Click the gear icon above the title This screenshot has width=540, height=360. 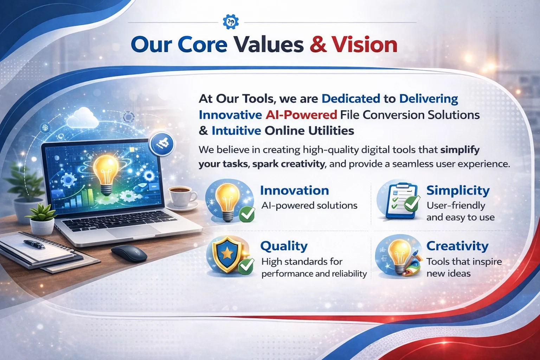click(231, 22)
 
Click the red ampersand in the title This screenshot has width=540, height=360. click(318, 45)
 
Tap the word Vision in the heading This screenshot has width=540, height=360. click(365, 45)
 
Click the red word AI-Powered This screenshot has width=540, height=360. click(301, 115)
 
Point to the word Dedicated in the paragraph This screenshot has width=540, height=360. click(351, 99)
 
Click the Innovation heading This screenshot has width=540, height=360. click(294, 191)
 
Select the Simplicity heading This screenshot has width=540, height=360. click(458, 191)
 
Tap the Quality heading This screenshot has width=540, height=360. click(284, 246)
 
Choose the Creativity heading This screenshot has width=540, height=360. click(457, 246)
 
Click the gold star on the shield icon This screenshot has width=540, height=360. click(226, 252)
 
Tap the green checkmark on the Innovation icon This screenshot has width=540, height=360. click(247, 214)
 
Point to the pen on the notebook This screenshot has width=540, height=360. click(34, 244)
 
